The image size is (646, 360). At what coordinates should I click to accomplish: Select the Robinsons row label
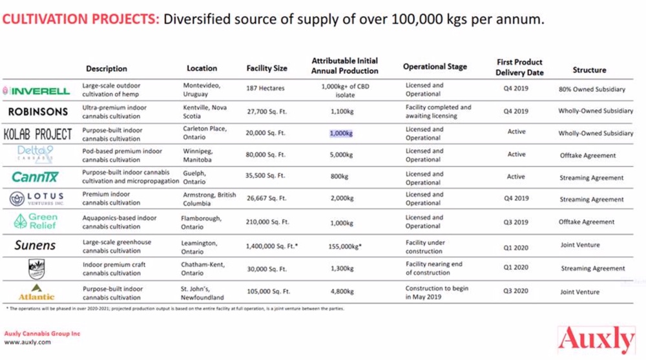tap(38, 112)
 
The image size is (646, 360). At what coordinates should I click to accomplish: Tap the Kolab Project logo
tap(38, 134)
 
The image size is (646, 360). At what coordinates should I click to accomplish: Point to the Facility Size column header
tap(267, 69)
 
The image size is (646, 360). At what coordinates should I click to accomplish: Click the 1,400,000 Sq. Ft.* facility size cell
tap(271, 246)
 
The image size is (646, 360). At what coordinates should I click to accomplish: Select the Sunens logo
tap(36, 246)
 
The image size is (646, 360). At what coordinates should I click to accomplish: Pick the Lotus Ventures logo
tap(38, 198)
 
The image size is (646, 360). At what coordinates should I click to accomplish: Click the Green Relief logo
tap(38, 222)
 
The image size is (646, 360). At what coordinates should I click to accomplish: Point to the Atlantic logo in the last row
tap(36, 291)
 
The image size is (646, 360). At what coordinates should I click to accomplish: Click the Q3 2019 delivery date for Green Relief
tap(516, 222)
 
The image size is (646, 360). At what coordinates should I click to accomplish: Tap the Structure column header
tap(589, 70)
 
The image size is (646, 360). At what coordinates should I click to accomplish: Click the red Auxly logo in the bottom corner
tap(596, 339)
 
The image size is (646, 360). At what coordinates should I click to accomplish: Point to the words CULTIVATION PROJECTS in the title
tap(80, 19)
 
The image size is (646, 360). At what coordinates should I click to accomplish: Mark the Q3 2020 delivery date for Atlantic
tap(516, 291)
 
